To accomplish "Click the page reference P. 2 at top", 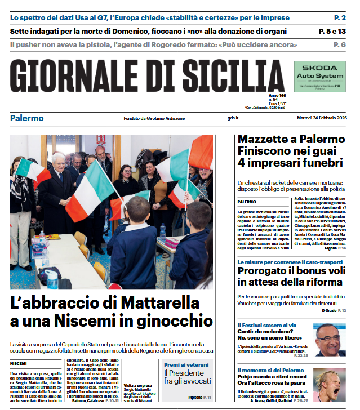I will [x=340, y=17].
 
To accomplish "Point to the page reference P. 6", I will [x=340, y=44].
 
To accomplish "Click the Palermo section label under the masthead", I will [x=26, y=118].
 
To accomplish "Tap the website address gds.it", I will [x=233, y=118].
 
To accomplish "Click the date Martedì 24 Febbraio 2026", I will [x=322, y=118].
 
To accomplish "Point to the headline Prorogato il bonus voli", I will [x=287, y=270].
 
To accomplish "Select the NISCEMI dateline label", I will [x=19, y=364].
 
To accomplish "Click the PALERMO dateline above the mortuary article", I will [x=247, y=202].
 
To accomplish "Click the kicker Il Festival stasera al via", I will [x=266, y=325].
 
